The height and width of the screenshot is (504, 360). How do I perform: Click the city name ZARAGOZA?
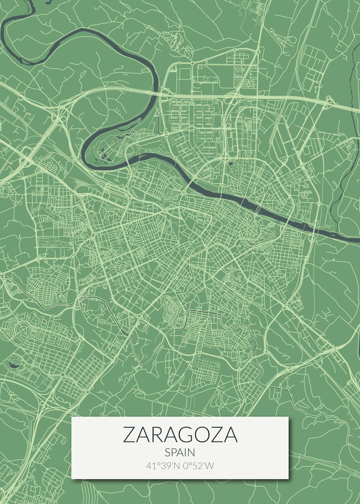coord(180,435)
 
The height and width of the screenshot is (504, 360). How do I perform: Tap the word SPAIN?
coord(180,453)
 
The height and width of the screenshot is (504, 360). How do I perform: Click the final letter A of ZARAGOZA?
coord(231,435)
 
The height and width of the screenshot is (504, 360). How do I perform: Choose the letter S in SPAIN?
coord(168,453)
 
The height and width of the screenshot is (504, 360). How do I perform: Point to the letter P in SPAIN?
coord(174,453)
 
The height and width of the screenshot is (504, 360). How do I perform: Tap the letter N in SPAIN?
coord(192,453)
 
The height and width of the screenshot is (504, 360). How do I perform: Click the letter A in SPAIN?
coord(181,453)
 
